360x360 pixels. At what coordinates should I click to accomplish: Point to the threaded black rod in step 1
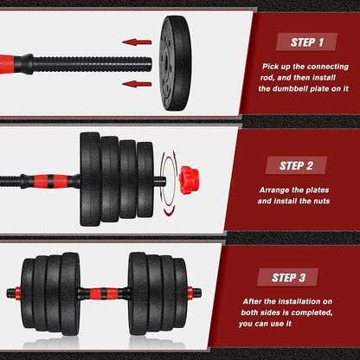[91, 62]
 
